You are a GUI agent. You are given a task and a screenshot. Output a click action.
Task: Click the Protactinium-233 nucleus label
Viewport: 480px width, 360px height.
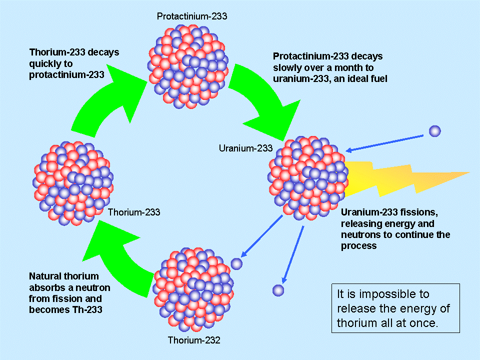tap(192, 16)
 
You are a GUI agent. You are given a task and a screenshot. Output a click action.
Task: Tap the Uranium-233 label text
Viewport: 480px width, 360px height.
tap(245, 148)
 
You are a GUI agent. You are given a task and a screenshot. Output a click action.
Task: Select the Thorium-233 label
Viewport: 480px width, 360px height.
tap(134, 212)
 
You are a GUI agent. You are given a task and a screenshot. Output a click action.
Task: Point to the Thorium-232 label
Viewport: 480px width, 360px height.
tap(194, 341)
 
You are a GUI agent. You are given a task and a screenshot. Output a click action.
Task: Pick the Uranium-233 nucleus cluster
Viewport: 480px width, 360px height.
tap(307, 177)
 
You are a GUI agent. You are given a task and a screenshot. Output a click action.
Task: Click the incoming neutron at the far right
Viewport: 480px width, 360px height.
tap(435, 131)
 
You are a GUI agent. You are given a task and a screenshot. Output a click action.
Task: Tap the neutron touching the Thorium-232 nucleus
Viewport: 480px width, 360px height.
tap(237, 263)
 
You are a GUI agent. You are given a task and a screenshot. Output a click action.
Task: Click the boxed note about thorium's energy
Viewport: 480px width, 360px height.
tap(395, 308)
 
